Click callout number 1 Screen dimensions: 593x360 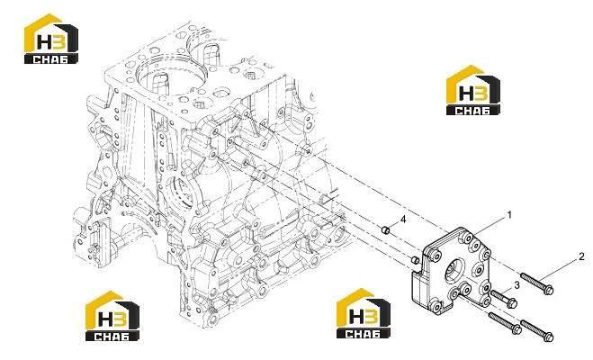(x=509, y=215)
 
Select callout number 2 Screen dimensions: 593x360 (x=581, y=256)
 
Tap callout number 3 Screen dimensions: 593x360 (x=517, y=285)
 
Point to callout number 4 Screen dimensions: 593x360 (x=403, y=219)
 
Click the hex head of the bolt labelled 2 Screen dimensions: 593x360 (x=549, y=290)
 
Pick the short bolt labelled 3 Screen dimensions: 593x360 (x=504, y=299)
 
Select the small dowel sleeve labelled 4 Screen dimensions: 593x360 (x=385, y=229)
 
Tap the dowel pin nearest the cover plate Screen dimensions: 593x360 (x=415, y=260)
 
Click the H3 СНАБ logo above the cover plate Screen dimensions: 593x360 (x=472, y=90)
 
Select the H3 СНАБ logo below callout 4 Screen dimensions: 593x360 (x=364, y=313)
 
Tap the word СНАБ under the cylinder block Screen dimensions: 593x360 (x=112, y=337)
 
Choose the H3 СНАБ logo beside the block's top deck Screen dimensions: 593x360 (x=51, y=39)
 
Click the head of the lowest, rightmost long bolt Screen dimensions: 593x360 (x=549, y=337)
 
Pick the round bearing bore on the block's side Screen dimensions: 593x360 (x=183, y=192)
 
